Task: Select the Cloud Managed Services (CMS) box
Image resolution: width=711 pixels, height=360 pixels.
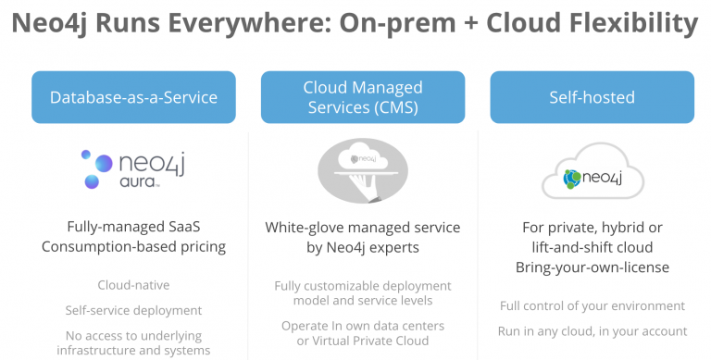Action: point(363,97)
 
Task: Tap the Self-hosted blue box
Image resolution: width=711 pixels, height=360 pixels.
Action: point(592,97)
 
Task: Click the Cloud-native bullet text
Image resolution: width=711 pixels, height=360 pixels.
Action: point(133,285)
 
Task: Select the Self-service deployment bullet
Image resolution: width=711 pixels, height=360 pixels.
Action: point(133,310)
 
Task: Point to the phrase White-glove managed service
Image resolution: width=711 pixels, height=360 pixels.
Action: point(363,228)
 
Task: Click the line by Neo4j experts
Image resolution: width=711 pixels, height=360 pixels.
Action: point(363,248)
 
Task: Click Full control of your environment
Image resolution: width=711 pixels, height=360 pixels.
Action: point(592,305)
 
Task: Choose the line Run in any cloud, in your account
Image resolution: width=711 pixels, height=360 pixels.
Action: point(592,330)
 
